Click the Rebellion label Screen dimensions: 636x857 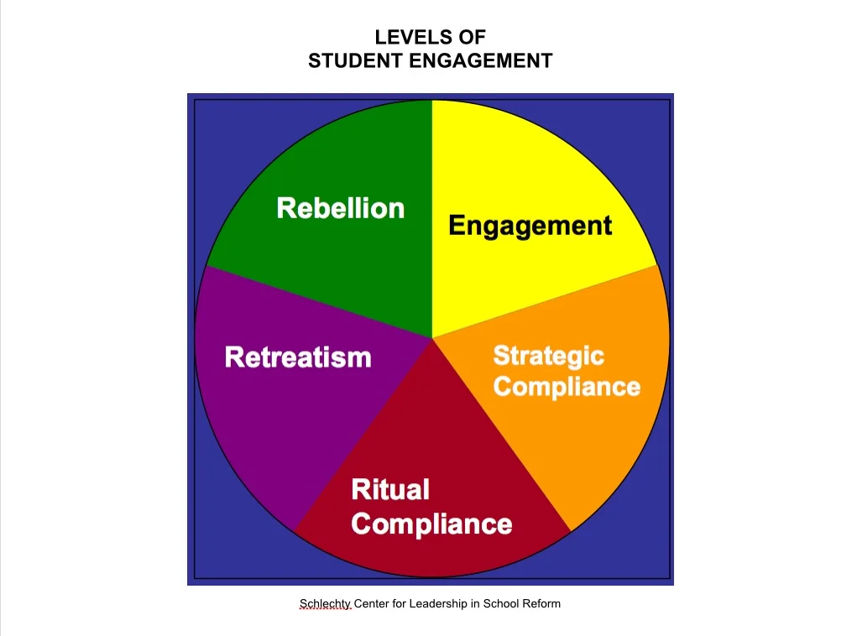[340, 208]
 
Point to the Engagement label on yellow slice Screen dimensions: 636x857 [530, 226]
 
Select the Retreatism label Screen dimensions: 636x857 [298, 357]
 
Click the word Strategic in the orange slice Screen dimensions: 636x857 [548, 356]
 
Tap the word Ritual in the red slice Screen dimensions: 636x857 [389, 489]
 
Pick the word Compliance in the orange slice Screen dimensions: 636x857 [567, 387]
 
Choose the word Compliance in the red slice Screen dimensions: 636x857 [431, 524]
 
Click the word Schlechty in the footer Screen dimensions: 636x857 [325, 603]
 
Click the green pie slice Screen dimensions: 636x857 [353, 268]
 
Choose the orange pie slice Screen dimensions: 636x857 [588, 445]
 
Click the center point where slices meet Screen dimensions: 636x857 [432, 338]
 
